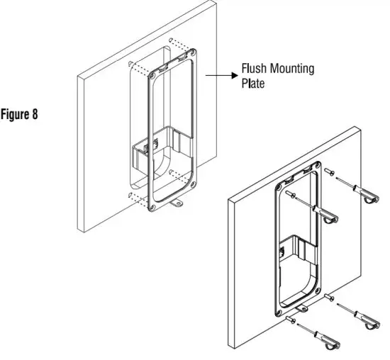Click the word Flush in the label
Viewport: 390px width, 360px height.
255,69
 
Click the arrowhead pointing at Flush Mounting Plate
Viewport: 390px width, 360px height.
235,73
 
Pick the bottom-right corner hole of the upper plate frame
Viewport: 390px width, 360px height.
194,188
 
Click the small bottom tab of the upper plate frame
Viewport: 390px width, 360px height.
177,206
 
